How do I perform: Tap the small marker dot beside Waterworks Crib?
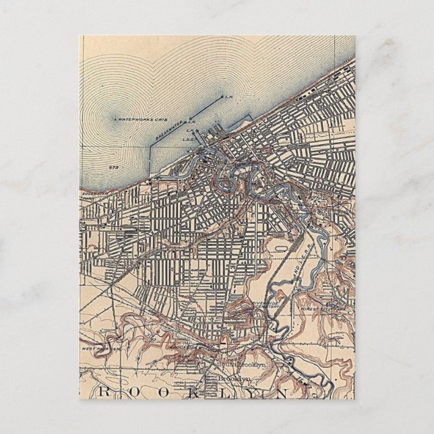[x=115, y=119]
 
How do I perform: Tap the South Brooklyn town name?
[x=242, y=364]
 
